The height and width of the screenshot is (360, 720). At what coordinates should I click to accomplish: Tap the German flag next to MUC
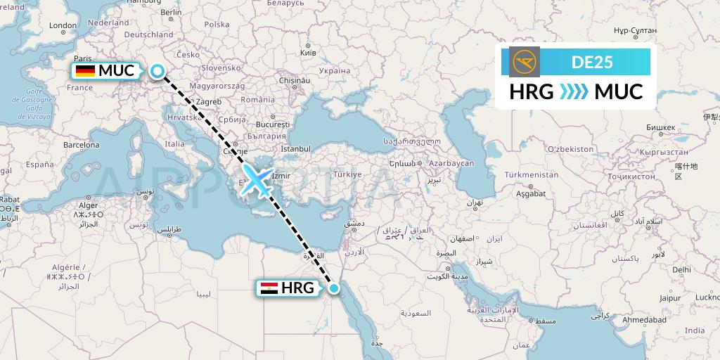pyautogui.click(x=85, y=70)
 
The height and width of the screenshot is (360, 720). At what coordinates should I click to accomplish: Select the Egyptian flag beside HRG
pyautogui.click(x=269, y=288)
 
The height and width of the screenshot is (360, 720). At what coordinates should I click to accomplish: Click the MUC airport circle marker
pyautogui.click(x=157, y=70)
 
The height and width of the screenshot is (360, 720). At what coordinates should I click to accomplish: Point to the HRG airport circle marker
pyautogui.click(x=334, y=288)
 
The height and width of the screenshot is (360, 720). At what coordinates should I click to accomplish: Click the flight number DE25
pyautogui.click(x=592, y=62)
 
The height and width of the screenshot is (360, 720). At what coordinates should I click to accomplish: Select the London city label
pyautogui.click(x=63, y=26)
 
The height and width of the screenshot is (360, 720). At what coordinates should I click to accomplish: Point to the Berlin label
pyautogui.click(x=171, y=12)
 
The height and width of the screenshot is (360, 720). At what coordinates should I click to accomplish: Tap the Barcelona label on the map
pyautogui.click(x=81, y=145)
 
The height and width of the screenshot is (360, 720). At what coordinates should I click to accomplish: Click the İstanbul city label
pyautogui.click(x=295, y=149)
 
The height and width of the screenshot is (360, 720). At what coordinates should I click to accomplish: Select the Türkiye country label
pyautogui.click(x=347, y=174)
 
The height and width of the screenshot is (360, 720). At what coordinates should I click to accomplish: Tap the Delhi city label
pyautogui.click(x=681, y=269)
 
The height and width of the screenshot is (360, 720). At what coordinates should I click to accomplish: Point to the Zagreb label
pyautogui.click(x=209, y=102)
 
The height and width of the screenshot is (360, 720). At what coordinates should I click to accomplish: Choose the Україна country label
pyautogui.click(x=334, y=70)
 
